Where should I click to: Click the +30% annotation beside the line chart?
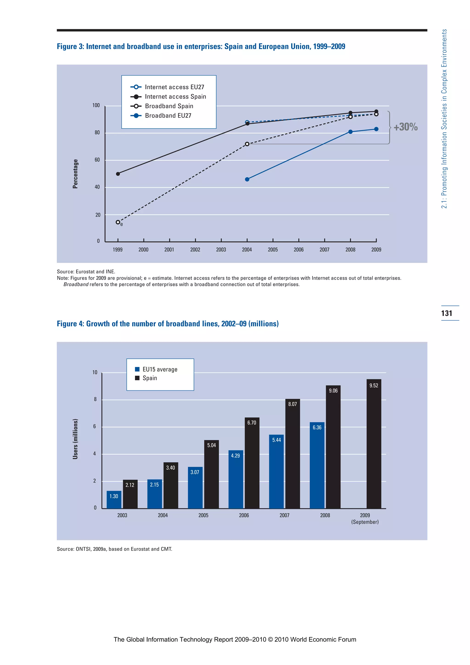pyautogui.click(x=406, y=127)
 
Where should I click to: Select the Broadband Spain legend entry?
pyautogui.click(x=169, y=106)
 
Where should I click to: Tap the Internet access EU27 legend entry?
pyautogui.click(x=174, y=87)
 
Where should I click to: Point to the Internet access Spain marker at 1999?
pyautogui.click(x=118, y=174)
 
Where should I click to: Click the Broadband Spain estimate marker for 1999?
pyautogui.click(x=118, y=222)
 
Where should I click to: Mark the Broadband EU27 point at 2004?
pyautogui.click(x=247, y=179)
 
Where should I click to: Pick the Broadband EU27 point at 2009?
pyautogui.click(x=376, y=129)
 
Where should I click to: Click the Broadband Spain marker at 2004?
pyautogui.click(x=247, y=144)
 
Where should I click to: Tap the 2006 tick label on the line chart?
pyautogui.click(x=299, y=250)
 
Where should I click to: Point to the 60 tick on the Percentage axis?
pyautogui.click(x=97, y=160)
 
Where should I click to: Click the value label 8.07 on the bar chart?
pyautogui.click(x=292, y=404)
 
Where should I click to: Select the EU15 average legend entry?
pyautogui.click(x=160, y=369)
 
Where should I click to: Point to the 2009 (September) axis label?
pyautogui.click(x=365, y=518)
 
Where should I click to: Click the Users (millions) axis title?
pyautogui.click(x=75, y=439)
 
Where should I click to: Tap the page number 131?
pyautogui.click(x=447, y=313)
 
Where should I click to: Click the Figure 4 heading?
pyautogui.click(x=168, y=324)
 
